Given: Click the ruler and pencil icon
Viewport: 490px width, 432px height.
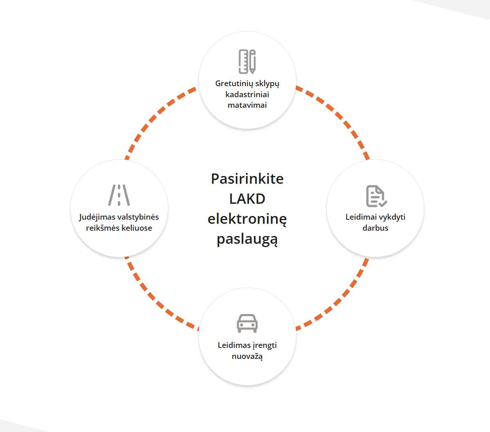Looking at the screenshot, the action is point(247,61).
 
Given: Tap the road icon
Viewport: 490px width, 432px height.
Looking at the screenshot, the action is point(119,195).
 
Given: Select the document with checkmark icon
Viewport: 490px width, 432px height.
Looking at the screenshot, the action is point(376,196).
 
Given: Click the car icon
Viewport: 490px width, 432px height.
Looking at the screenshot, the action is point(247,323).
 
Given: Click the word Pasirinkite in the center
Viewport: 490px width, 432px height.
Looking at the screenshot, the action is point(247,179).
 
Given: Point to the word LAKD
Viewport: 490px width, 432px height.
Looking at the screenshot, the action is point(247,199).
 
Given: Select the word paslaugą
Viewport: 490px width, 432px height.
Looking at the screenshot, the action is point(247,240).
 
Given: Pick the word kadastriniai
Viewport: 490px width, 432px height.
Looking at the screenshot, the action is point(247,94).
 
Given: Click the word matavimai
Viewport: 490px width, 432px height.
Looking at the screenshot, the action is point(247,105).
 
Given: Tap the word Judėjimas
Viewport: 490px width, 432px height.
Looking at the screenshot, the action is point(97,217).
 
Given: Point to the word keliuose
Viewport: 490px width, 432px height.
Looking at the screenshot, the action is point(137,228).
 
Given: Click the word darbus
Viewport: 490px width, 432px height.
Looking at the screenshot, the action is point(375,228).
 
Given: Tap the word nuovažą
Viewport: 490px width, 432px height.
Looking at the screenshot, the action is point(247,356).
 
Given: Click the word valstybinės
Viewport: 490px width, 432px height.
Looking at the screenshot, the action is point(138,217).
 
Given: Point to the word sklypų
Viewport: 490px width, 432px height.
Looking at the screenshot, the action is point(267,84).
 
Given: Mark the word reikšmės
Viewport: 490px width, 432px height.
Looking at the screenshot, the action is point(103,228).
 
